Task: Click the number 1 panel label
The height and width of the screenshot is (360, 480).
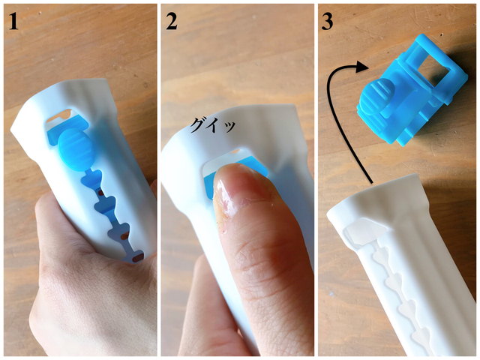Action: (13, 21)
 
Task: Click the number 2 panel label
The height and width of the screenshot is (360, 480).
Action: (172, 21)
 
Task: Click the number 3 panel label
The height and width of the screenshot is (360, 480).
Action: (327, 21)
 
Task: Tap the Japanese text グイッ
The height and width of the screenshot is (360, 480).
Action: (213, 125)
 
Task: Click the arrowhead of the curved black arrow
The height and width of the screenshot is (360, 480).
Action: (362, 67)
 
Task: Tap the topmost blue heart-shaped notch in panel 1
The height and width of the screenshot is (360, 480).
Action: (91, 178)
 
